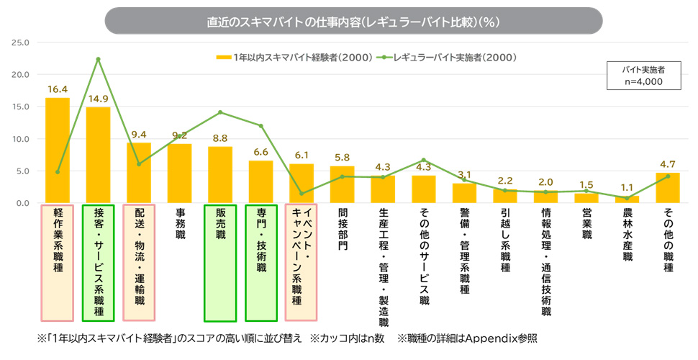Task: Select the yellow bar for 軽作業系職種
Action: click(58, 150)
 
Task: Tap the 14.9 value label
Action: click(98, 99)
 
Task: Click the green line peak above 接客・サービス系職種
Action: click(98, 59)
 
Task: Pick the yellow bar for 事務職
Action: click(179, 174)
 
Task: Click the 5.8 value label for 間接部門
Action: click(342, 158)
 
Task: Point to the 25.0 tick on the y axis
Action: click(19, 42)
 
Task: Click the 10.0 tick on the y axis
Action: click(19, 139)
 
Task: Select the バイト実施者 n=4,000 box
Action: click(643, 76)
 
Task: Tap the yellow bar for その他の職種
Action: click(668, 188)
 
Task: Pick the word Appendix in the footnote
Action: click(490, 338)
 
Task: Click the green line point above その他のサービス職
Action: click(424, 160)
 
